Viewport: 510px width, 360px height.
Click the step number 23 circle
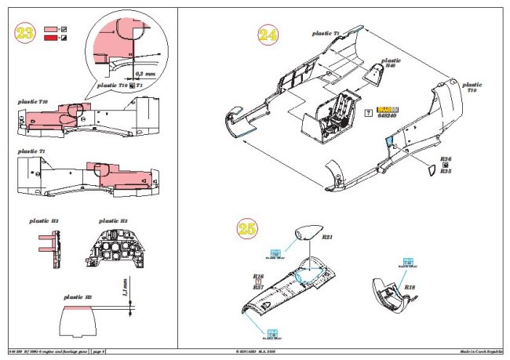(25, 35)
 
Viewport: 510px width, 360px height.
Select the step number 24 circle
(268, 36)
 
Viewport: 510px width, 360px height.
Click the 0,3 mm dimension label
(144, 73)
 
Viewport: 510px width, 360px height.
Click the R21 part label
(329, 237)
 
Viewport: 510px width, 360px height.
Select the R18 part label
(410, 288)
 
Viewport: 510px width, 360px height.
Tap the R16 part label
(257, 276)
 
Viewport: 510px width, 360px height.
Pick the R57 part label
(257, 289)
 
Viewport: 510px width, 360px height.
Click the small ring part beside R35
(429, 170)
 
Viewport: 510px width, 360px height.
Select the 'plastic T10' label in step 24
(472, 88)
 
